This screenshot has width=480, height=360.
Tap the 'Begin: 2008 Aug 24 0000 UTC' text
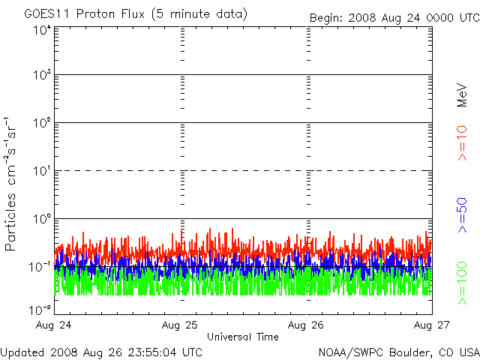tap(394, 18)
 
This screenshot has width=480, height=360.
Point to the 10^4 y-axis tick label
tap(42, 30)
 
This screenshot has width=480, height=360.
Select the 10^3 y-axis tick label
tap(42, 75)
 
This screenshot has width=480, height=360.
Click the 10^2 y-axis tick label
tap(42, 123)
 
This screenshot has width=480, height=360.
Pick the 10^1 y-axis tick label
tap(42, 171)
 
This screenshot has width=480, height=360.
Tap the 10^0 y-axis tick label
tap(42, 219)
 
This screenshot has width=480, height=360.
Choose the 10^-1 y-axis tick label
tap(40, 267)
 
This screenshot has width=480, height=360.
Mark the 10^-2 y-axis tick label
tap(40, 310)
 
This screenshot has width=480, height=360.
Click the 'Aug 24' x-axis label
tap(53, 325)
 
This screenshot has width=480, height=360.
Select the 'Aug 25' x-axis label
tap(180, 325)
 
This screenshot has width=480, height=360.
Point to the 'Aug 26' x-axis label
tap(306, 325)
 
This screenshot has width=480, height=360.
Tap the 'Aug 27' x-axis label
tap(432, 325)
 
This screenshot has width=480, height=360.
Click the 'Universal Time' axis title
tap(243, 337)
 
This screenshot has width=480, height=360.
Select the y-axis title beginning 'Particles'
tap(10, 184)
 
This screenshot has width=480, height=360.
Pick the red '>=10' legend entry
tap(462, 143)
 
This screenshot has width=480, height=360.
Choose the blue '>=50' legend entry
tap(462, 215)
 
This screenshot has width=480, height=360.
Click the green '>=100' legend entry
tap(462, 283)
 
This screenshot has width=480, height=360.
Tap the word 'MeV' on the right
tap(462, 95)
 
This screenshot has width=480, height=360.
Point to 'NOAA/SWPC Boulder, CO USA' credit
tap(399, 352)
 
